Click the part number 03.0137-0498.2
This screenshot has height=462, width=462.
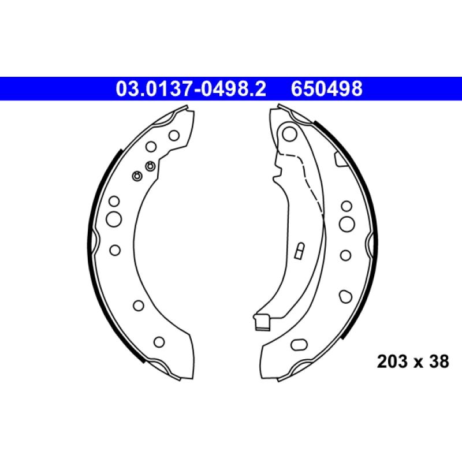191,89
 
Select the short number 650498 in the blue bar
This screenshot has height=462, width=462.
327,89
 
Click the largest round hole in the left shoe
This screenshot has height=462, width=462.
114,219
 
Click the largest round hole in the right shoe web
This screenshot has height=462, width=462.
346,223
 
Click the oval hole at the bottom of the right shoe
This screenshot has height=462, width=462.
300,345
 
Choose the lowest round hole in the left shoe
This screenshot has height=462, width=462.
159,341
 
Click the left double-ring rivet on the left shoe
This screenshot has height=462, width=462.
137,176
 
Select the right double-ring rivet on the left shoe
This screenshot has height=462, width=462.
150,166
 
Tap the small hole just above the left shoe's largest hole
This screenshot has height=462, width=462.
114,201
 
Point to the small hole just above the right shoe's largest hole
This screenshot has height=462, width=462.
346,206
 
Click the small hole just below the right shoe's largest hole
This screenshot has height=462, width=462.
345,254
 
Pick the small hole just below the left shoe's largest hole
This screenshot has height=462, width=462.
114,249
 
